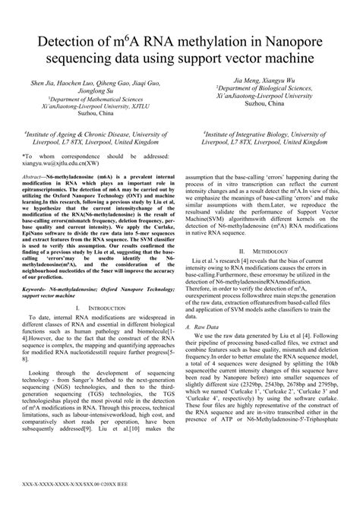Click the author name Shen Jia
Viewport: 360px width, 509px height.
click(43, 81)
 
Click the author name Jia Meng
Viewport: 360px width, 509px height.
click(245, 80)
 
